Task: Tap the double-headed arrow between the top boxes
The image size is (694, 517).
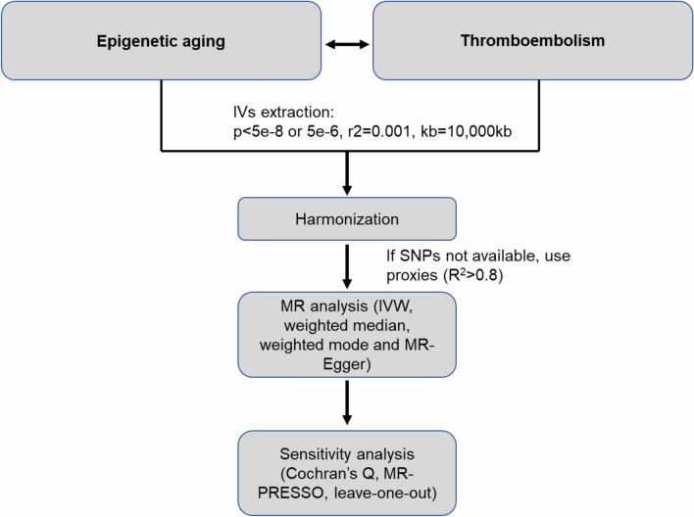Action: click(x=348, y=44)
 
